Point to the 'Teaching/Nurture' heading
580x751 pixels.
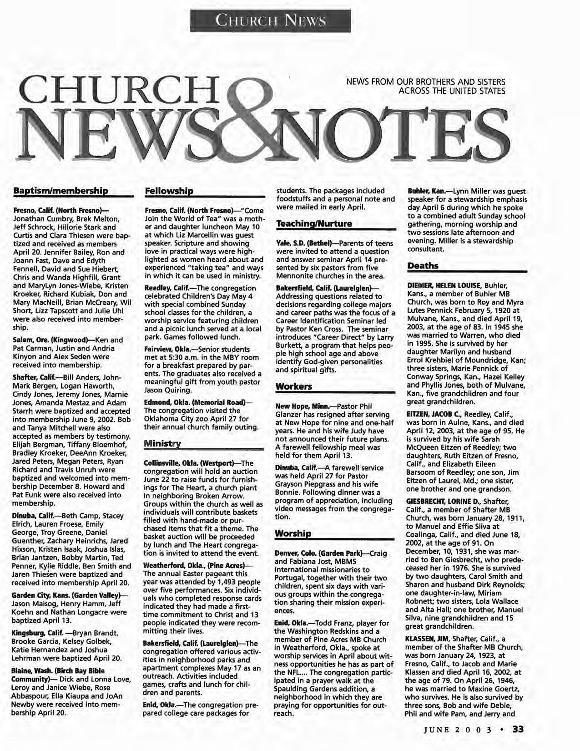click(x=314, y=224)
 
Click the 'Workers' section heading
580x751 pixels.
click(x=294, y=386)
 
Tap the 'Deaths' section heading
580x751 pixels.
click(x=423, y=265)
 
